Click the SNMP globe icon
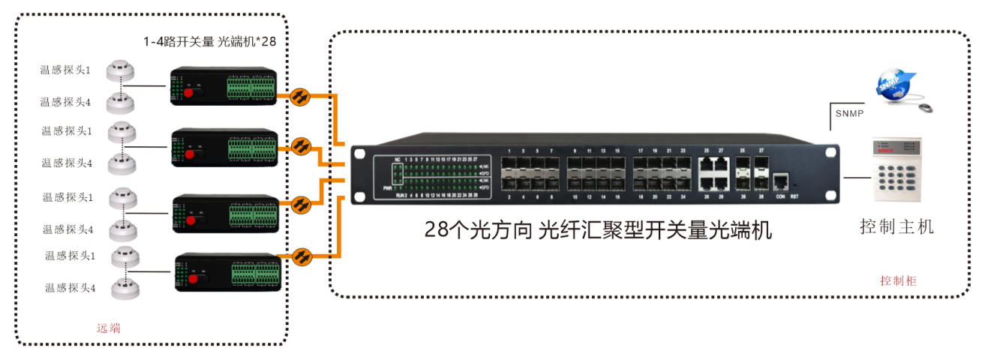click(892, 85)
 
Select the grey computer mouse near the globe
click(926, 108)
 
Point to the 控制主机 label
click(896, 226)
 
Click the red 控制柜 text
click(898, 280)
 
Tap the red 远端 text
click(109, 328)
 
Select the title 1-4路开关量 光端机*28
click(210, 41)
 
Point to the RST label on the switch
click(795, 197)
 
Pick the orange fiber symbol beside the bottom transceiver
click(302, 256)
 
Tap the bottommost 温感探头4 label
click(70, 287)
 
